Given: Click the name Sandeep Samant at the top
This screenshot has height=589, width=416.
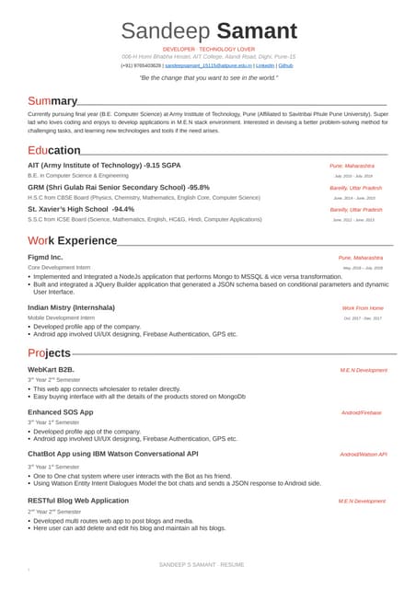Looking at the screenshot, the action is (209, 30).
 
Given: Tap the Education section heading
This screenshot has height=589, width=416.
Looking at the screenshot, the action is (54, 150).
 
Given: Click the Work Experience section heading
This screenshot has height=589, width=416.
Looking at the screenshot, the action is (72, 240).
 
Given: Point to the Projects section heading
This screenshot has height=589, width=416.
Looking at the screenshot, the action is (49, 352).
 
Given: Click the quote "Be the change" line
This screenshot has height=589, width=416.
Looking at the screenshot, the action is (208, 78).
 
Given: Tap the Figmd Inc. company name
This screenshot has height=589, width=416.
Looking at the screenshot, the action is (45, 257).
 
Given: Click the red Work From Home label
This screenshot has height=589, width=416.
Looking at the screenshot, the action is (362, 307).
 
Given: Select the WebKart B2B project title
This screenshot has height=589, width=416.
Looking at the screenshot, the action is (57, 369).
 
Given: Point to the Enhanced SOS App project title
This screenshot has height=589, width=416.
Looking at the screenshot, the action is (60, 411).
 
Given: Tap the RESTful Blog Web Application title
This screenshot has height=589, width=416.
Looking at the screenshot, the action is (78, 500).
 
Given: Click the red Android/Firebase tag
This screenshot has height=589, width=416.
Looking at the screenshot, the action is (361, 412).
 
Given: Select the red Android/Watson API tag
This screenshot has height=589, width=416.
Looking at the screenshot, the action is (363, 454).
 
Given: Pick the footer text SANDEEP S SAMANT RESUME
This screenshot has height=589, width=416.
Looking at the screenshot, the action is (202, 563).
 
